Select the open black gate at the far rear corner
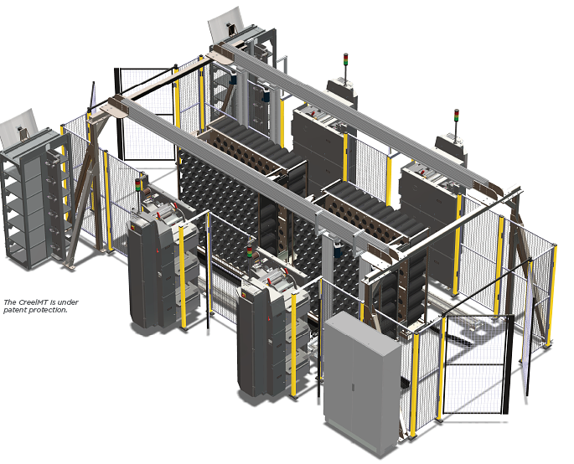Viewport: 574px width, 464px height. [x=147, y=113]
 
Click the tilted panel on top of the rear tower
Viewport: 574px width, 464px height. [x=225, y=23]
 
